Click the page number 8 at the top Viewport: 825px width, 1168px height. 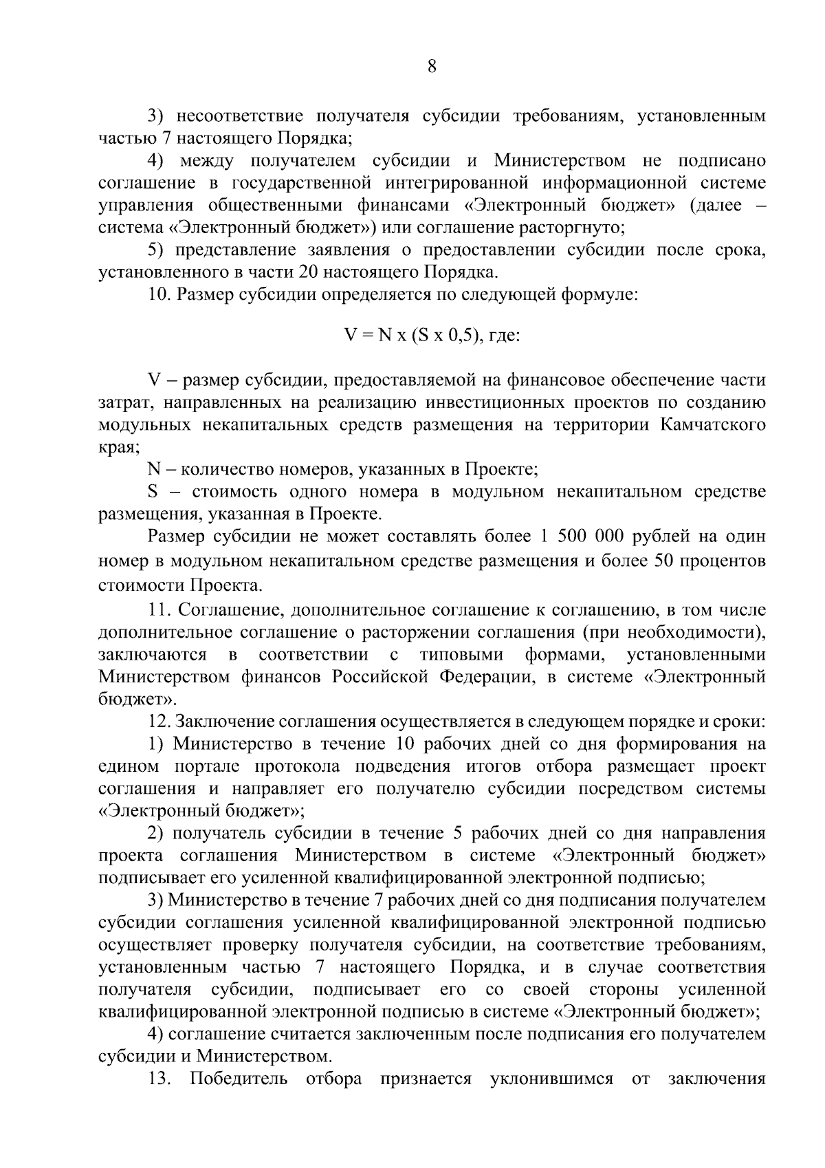coord(432,67)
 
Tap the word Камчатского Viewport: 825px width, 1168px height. coord(712,424)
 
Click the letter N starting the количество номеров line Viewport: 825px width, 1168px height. coord(153,470)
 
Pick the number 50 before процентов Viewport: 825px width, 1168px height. coord(659,561)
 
